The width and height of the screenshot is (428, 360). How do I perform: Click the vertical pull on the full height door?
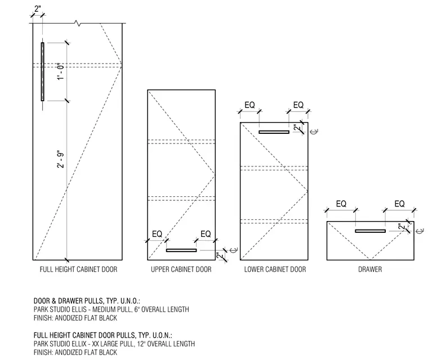click(43, 72)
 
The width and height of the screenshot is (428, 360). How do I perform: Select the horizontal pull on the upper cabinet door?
click(181, 250)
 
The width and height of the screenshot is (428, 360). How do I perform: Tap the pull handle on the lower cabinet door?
click(274, 132)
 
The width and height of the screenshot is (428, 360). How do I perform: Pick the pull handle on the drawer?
click(371, 231)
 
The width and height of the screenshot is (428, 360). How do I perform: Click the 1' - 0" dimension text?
click(61, 71)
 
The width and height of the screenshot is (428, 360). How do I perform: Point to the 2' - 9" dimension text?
click(61, 159)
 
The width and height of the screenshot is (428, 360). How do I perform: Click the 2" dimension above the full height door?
click(38, 9)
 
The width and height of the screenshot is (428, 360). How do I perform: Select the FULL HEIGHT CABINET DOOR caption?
click(79, 269)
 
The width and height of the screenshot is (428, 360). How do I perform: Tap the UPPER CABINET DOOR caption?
click(181, 269)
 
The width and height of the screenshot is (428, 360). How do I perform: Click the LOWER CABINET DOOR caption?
click(275, 269)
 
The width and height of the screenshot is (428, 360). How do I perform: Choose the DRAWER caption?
click(370, 269)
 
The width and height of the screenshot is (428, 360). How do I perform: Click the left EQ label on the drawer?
click(341, 204)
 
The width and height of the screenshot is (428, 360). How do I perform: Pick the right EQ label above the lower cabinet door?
click(298, 105)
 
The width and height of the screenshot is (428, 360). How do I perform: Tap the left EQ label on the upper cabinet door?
click(157, 234)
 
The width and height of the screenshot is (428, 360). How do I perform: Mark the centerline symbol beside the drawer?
click(421, 231)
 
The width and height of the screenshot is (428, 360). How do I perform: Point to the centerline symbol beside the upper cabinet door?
click(234, 250)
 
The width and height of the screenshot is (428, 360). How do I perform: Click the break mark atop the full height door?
click(78, 23)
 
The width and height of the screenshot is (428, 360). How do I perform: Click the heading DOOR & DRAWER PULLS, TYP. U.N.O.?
click(87, 301)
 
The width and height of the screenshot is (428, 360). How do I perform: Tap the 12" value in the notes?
click(141, 344)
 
